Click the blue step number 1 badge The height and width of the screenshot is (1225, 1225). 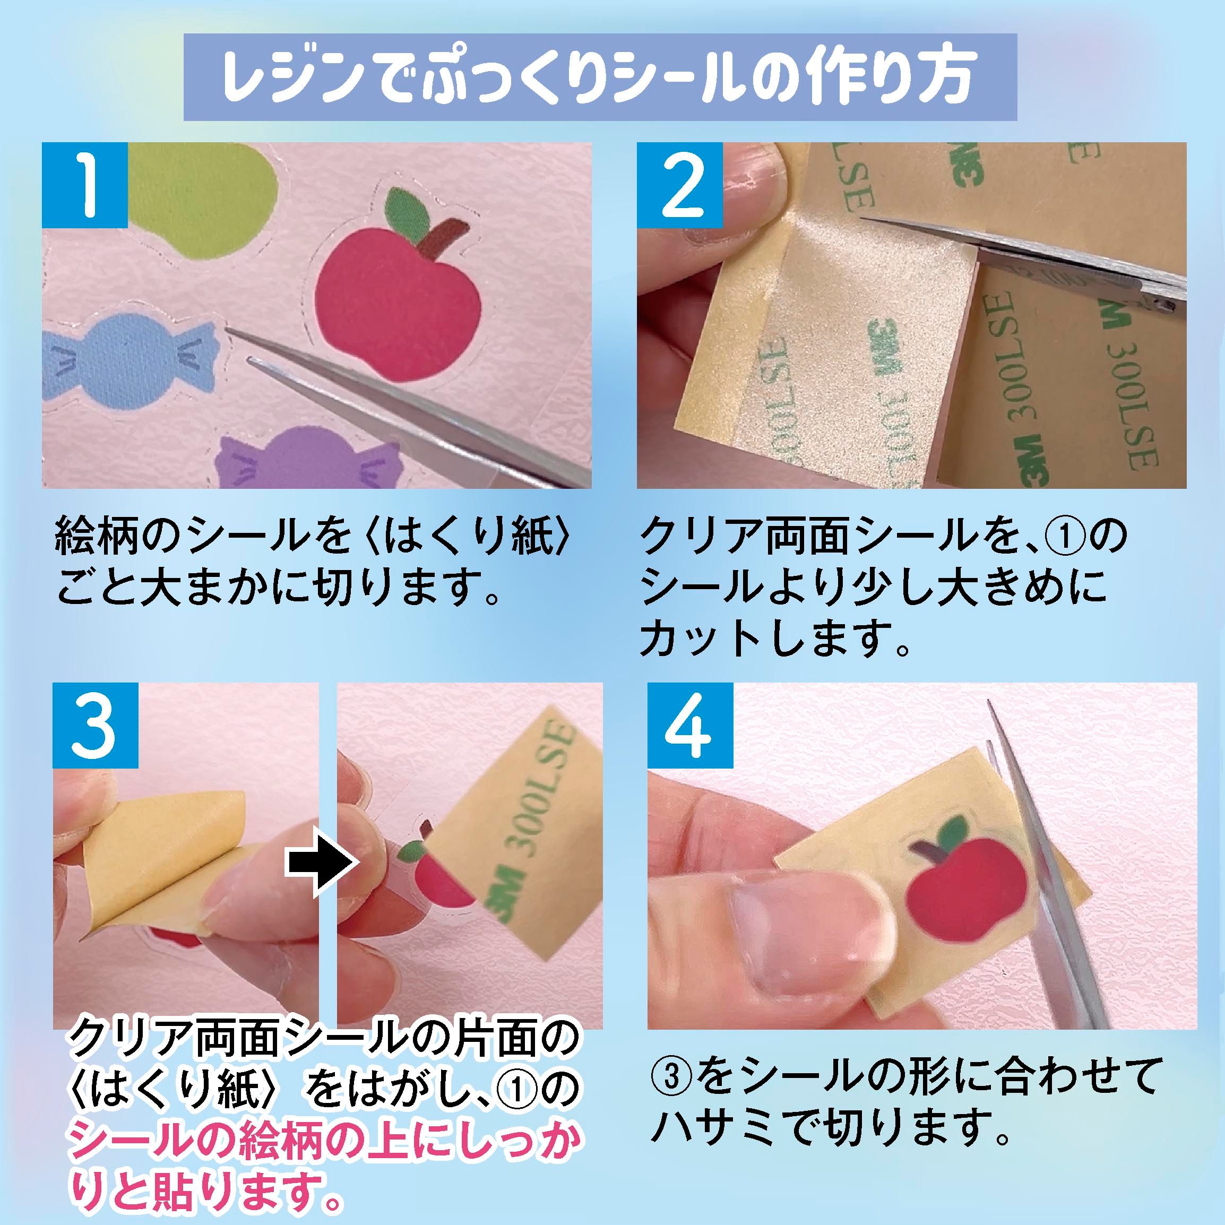(x=85, y=185)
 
